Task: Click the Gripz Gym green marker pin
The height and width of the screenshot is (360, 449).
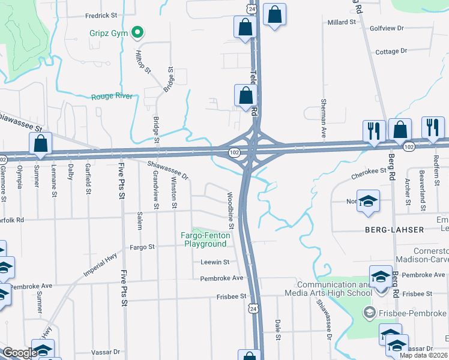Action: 138,32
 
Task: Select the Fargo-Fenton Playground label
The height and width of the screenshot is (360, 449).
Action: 204,239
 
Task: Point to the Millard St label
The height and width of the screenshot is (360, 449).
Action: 342,22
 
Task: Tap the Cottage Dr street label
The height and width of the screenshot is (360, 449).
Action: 391,52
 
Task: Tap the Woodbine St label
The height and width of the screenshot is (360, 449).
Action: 230,211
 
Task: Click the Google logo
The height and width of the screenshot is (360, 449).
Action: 20,352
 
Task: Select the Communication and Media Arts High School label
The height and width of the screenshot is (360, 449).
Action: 334,289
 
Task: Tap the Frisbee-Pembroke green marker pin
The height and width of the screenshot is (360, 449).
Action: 370,313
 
